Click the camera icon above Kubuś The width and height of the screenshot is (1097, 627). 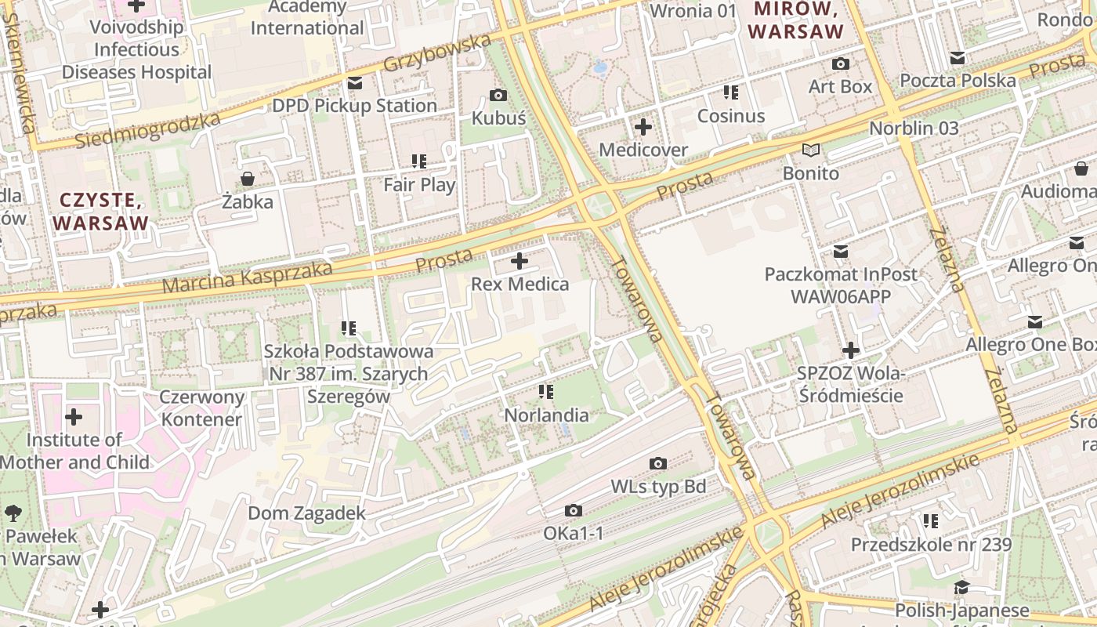tap(498, 96)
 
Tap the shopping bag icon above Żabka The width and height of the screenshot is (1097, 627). tap(248, 179)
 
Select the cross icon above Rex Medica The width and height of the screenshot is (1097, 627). tap(520, 261)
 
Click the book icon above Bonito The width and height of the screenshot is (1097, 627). tap(810, 150)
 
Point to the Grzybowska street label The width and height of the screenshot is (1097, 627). tap(440, 55)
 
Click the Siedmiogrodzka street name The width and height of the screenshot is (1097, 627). tap(149, 130)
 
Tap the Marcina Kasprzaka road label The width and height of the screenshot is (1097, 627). tap(247, 277)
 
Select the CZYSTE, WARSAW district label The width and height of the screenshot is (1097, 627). tap(100, 211)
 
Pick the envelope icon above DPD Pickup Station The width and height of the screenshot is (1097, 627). tap(355, 83)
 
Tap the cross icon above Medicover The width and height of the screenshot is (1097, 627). tap(643, 127)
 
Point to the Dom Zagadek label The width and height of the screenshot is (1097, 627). tap(306, 513)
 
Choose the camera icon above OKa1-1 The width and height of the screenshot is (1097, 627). tap(574, 511)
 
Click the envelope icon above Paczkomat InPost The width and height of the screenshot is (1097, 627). tap(841, 252)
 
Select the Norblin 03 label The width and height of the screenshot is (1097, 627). tap(914, 128)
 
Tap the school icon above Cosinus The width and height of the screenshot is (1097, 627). tap(731, 93)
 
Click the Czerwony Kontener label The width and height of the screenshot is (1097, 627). tap(201, 408)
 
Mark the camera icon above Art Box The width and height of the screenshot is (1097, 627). tap(841, 64)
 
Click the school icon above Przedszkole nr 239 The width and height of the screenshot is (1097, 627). tap(931, 521)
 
